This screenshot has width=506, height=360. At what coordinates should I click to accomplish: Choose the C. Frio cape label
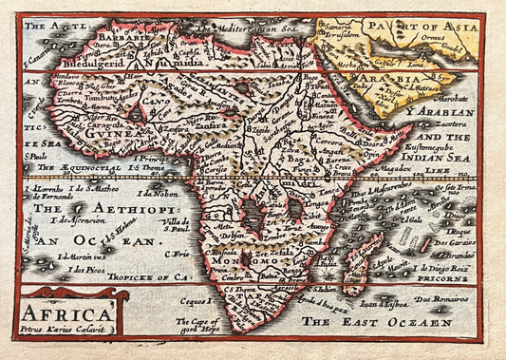pyautogui.click(x=178, y=255)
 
